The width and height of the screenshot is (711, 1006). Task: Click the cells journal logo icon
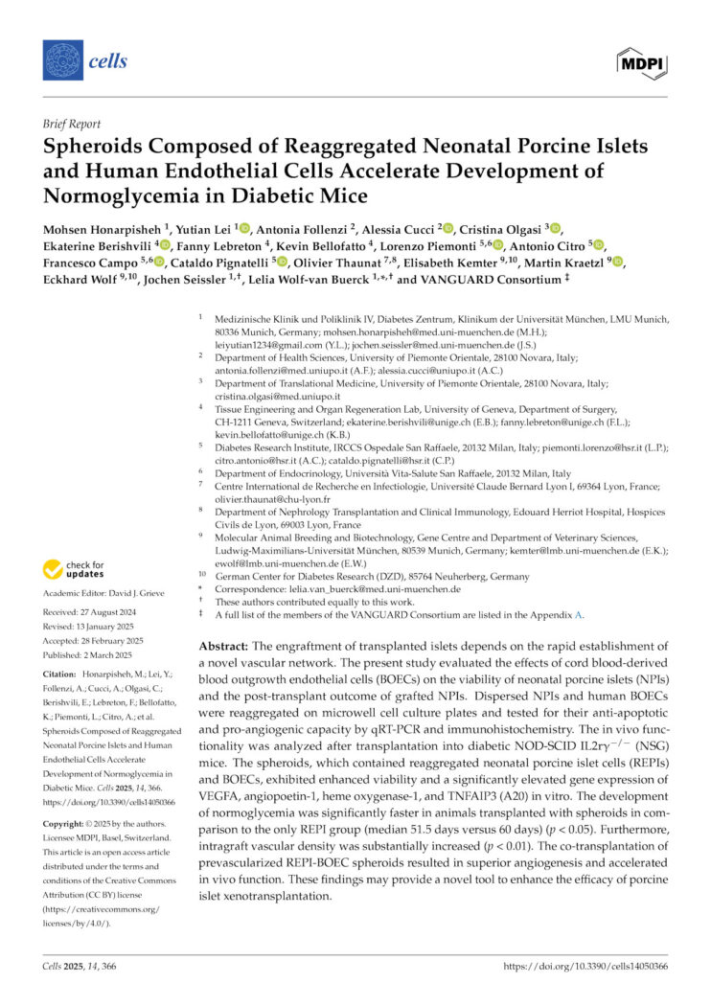[x=63, y=60]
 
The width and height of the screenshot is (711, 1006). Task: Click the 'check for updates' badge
[x=75, y=570]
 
